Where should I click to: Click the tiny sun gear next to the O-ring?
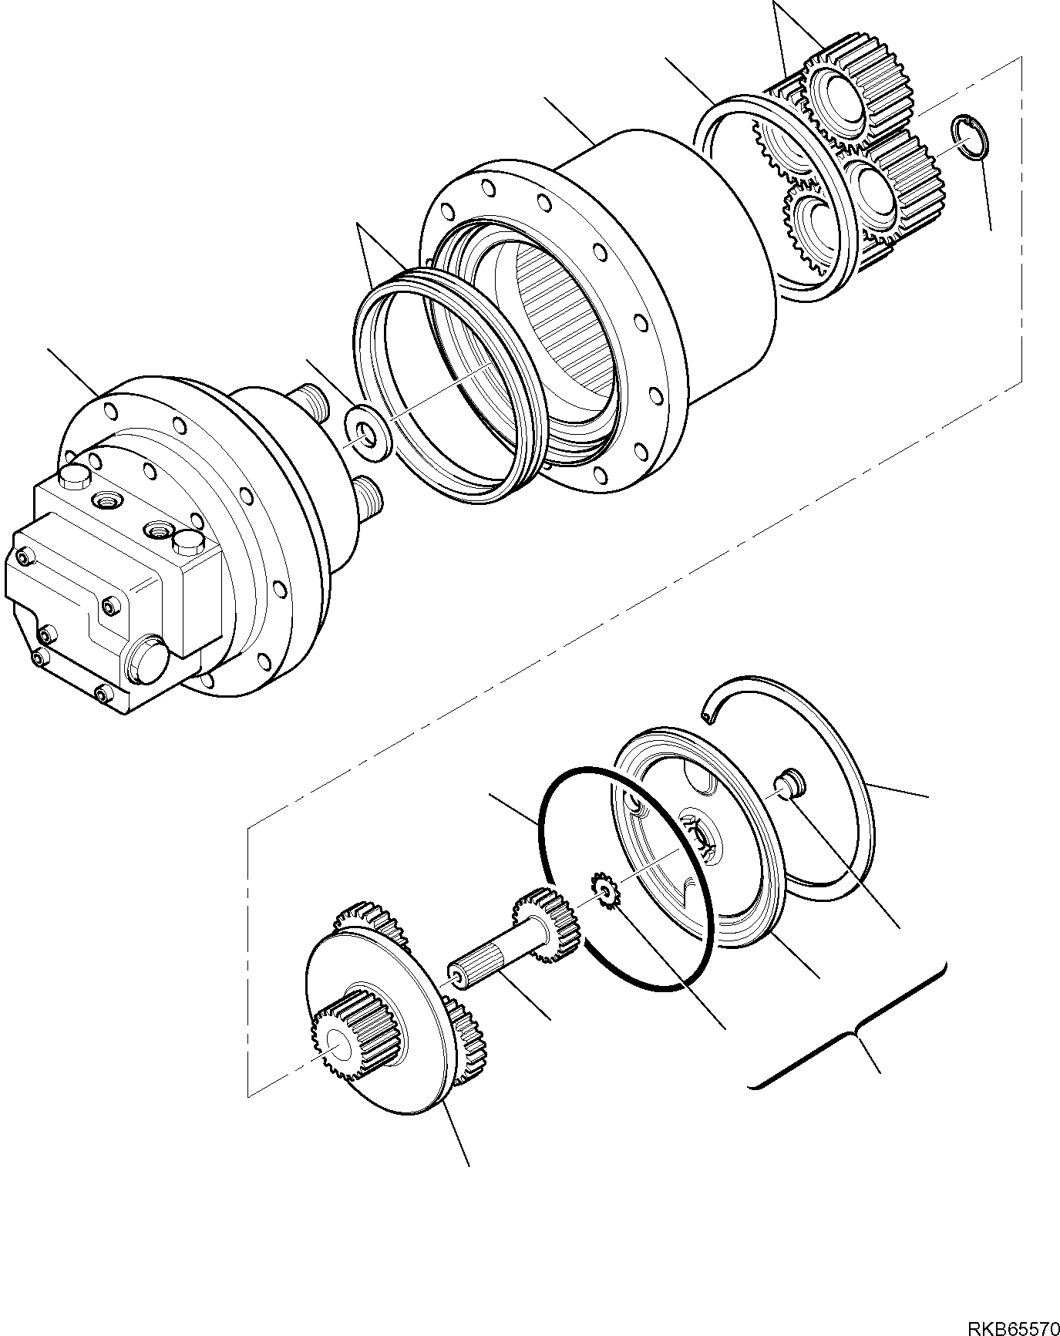point(605,891)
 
